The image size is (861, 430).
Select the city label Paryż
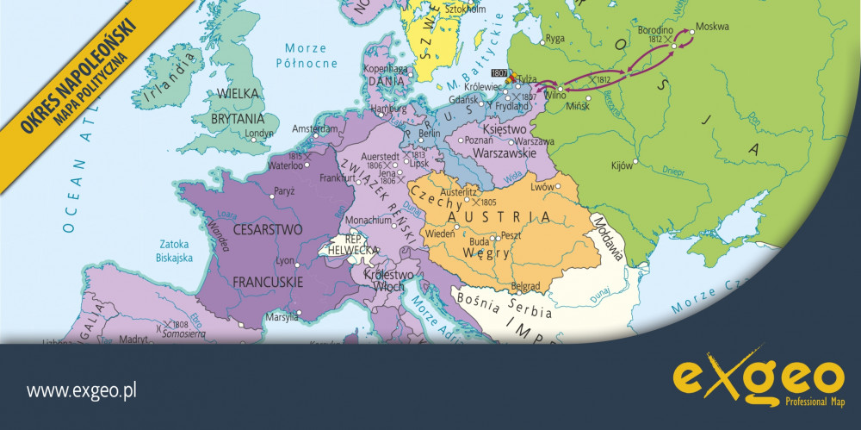point(284,190)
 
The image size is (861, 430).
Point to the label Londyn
point(259,134)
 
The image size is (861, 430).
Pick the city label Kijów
point(622,164)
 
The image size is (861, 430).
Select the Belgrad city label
point(525,284)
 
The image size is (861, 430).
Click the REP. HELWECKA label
point(350,245)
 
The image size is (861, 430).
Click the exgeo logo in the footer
point(758,379)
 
